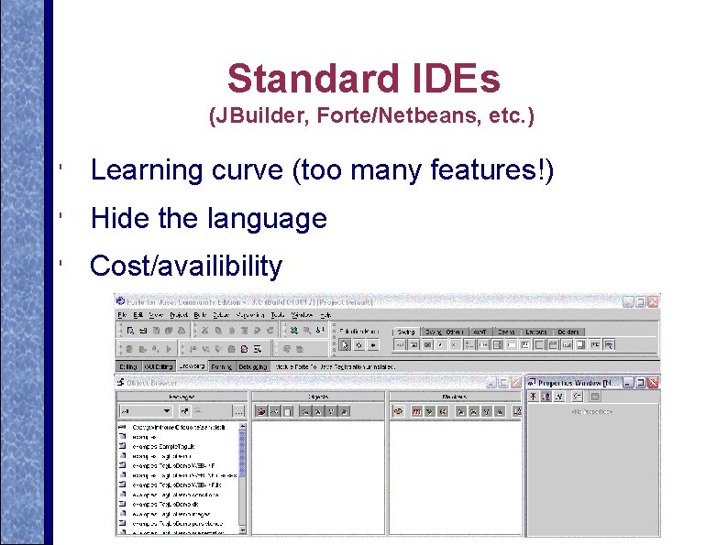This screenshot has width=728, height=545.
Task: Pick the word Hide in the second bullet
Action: pyautogui.click(x=116, y=219)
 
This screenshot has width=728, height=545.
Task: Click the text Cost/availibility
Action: pyautogui.click(x=186, y=267)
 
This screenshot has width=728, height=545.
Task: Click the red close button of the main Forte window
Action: pyautogui.click(x=653, y=301)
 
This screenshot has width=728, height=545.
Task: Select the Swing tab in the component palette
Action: pyautogui.click(x=405, y=332)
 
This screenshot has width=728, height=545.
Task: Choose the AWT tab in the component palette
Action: pyautogui.click(x=479, y=332)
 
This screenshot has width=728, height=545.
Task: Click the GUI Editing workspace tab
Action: pyautogui.click(x=158, y=366)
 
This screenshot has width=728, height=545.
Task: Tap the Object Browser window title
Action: pyautogui.click(x=152, y=381)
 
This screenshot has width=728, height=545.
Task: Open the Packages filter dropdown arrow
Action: pyautogui.click(x=166, y=411)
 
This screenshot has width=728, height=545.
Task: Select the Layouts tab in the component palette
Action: pyautogui.click(x=536, y=332)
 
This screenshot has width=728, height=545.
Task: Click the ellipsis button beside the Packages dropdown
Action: pyautogui.click(x=238, y=411)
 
